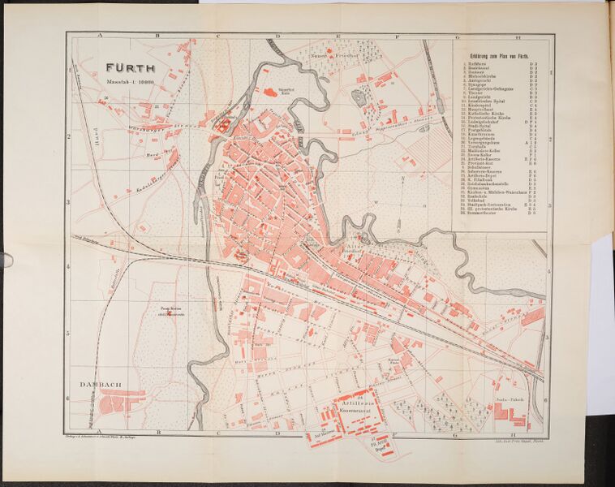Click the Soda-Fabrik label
pos(507,401)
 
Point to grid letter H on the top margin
pos(517,37)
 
